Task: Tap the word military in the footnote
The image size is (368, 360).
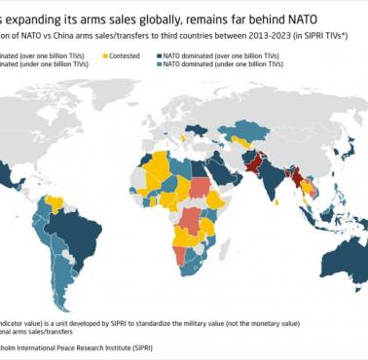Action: (208, 317)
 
